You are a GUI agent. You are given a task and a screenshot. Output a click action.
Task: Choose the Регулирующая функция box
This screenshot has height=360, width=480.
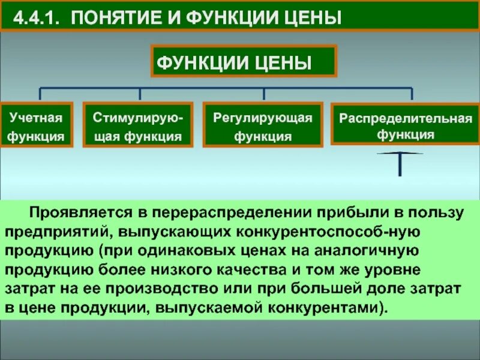click(x=263, y=125)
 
